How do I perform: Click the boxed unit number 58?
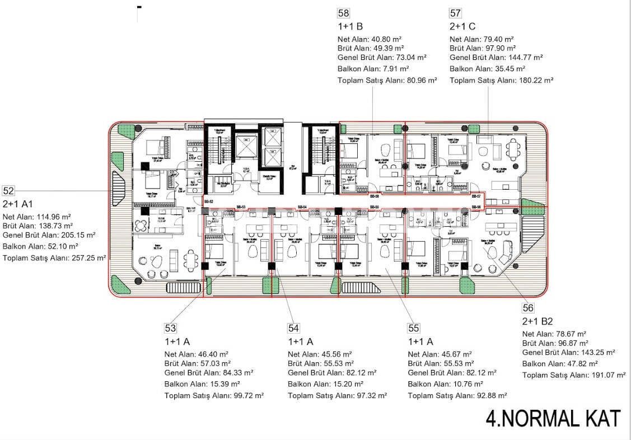coord(343,13)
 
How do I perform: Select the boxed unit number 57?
coord(455,13)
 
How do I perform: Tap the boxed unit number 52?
coord(8,190)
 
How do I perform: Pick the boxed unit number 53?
coord(170,328)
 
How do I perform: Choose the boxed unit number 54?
coord(293,328)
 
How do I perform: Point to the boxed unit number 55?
coord(414,328)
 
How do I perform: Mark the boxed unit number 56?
coord(528,308)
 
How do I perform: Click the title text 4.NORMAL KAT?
coord(553,418)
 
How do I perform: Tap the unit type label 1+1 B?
coord(350,26)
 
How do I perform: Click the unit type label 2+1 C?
coord(463,26)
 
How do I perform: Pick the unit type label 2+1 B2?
coord(537,321)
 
